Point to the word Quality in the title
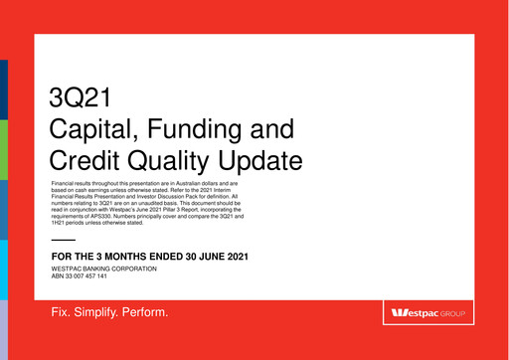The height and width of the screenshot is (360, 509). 175,159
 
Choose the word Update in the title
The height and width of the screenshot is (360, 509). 263,159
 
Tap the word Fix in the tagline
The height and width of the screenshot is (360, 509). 63,313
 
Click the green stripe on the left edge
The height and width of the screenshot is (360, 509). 3,149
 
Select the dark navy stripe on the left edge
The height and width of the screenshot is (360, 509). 3,90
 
